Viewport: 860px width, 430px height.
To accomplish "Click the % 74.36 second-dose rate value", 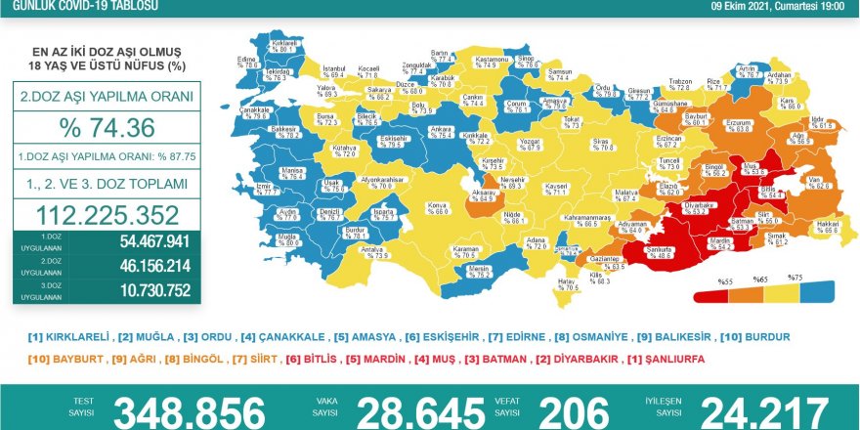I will click(x=107, y=129).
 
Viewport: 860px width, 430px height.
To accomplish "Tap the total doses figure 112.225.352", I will click(x=107, y=215).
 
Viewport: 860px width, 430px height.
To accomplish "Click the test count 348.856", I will click(x=188, y=411).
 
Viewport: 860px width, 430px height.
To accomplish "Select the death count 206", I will click(x=574, y=411).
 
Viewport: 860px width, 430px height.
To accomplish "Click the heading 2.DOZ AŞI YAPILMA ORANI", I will click(x=107, y=98).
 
